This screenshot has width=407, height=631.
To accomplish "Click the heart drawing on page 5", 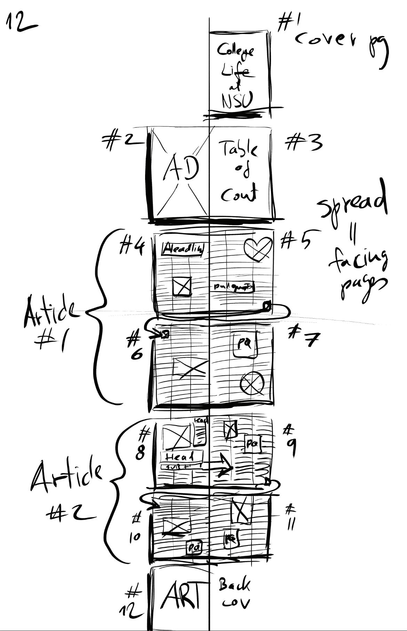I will point(258,248).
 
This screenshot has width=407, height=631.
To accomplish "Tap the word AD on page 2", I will point(181,169).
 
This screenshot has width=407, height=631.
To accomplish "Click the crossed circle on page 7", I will point(252,384).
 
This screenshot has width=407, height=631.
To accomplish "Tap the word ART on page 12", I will point(182,596).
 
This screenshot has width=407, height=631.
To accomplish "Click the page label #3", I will point(303,143).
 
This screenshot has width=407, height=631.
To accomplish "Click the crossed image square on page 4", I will point(182,286).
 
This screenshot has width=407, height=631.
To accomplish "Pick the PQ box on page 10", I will point(194,548).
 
